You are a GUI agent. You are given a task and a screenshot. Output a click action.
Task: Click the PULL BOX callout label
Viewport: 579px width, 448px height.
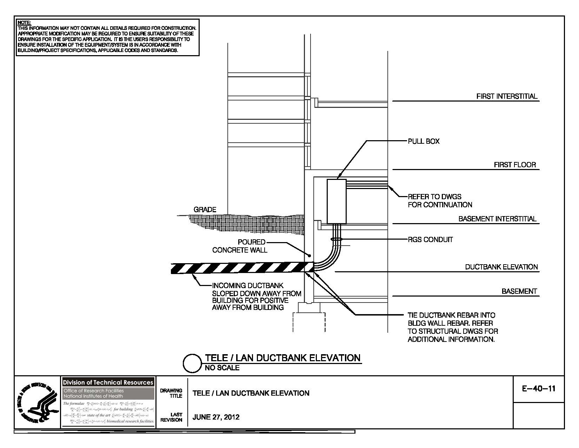pos(424,141)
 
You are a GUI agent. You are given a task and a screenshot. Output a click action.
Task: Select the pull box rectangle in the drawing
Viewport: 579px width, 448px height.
pos(337,201)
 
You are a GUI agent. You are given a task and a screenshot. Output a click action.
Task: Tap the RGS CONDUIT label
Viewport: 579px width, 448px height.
pos(430,240)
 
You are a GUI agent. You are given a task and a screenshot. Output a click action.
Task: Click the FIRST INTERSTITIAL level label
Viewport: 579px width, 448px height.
pos(507,96)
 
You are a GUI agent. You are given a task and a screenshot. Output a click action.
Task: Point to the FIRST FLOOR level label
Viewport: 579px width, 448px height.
pos(515,165)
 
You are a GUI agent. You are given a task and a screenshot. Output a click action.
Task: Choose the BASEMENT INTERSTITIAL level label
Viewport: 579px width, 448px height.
pos(497,219)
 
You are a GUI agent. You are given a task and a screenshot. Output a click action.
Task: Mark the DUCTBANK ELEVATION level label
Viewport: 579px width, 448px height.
pos(501,267)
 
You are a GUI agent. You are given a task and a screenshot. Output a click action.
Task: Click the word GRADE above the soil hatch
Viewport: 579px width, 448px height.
pos(205,210)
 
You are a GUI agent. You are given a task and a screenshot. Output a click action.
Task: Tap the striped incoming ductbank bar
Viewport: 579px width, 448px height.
pos(239,268)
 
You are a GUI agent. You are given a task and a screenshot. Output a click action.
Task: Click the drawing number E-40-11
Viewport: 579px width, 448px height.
pos(538,389)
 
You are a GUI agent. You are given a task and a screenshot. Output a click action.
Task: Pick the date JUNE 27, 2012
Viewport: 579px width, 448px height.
pos(216,417)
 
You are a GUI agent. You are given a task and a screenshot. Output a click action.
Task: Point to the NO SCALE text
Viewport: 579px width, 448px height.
pos(222,368)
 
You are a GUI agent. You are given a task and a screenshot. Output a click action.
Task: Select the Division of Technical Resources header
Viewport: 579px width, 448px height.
pos(108,382)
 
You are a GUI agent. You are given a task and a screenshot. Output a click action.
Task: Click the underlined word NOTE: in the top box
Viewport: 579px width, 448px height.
pos(24,23)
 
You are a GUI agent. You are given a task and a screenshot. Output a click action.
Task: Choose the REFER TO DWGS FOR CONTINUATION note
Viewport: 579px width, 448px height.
pos(440,201)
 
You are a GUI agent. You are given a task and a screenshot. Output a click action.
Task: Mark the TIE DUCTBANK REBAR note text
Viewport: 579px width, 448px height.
pos(452,327)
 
